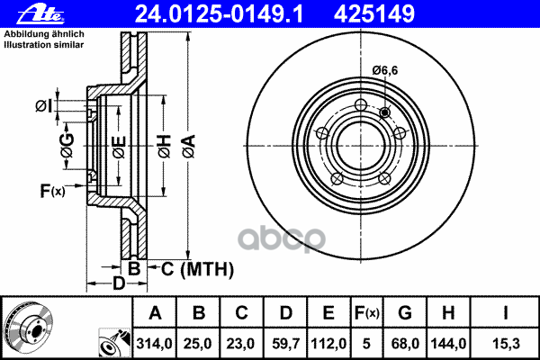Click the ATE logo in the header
pyautogui.click(x=41, y=14)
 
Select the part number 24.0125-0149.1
pyautogui.click(x=219, y=14)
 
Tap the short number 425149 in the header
pyautogui.click(x=374, y=14)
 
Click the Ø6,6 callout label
pyautogui.click(x=384, y=70)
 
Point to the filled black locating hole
pyautogui.click(x=385, y=112)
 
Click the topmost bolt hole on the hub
pyautogui.click(x=361, y=104)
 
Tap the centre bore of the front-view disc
pyautogui.click(x=361, y=146)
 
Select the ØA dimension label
pyautogui.click(x=189, y=147)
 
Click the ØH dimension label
pyautogui.click(x=165, y=147)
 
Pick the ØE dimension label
pyautogui.click(x=119, y=147)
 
